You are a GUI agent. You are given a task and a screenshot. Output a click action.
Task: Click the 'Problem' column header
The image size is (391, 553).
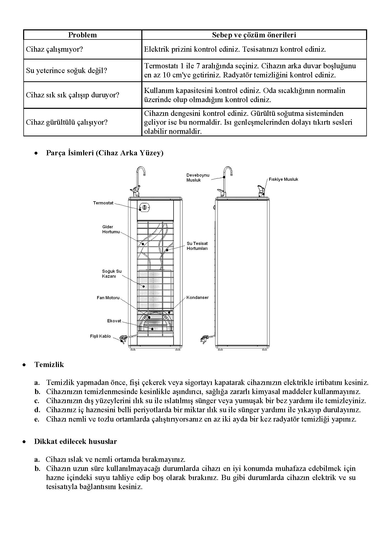click(x=82, y=35)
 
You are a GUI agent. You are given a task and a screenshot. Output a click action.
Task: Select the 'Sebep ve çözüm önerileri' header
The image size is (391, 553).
click(x=254, y=35)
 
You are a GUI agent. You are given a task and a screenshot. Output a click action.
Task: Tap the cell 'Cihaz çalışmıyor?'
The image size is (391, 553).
click(x=54, y=49)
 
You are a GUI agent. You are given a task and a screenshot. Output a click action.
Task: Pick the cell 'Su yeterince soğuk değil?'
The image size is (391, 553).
click(x=67, y=70)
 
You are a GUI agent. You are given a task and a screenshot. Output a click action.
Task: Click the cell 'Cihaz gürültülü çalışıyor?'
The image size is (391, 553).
click(x=67, y=122)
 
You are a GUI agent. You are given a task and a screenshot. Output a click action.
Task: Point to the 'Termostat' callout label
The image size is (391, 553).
click(x=103, y=203)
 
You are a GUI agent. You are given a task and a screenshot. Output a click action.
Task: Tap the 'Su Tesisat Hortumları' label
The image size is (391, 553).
click(x=197, y=246)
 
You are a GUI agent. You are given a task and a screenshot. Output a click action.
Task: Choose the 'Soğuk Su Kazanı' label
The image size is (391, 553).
click(x=112, y=274)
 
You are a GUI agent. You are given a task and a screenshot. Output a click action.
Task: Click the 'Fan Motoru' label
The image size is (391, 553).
click(x=108, y=298)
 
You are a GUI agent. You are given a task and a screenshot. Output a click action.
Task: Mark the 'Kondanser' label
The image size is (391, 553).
click(x=197, y=298)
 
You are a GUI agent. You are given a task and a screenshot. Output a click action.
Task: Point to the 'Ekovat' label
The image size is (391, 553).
click(x=114, y=321)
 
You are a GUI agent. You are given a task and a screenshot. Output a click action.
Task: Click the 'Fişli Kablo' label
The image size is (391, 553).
click(x=100, y=336)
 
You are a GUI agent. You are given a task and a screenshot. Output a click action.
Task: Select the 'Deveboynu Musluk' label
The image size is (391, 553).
click(x=198, y=178)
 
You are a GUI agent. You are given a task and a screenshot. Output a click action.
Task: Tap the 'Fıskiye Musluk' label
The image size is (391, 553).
click(x=283, y=179)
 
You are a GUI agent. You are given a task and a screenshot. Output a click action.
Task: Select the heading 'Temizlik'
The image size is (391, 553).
click(x=49, y=365)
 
